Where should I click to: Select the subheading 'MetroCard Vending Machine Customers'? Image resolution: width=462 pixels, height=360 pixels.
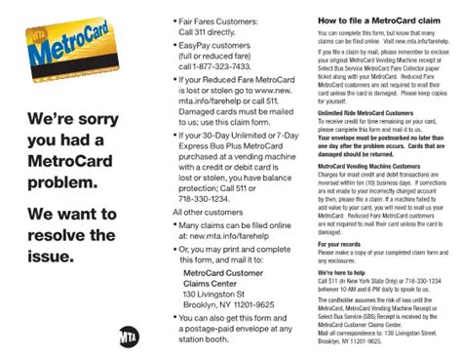(368, 167)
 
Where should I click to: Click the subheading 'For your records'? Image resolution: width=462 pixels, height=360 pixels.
(344, 243)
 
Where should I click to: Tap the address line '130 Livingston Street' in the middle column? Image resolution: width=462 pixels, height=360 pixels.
(224, 295)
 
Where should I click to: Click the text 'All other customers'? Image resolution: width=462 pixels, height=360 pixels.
(208, 212)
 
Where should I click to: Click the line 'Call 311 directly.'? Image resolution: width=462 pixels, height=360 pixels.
(212, 31)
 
